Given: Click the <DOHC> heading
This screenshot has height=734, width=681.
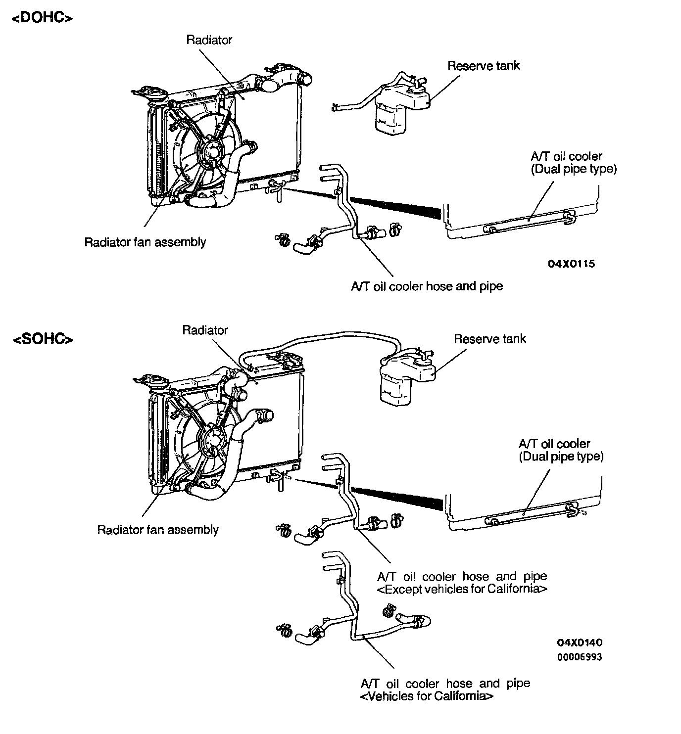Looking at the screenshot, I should pos(42,18).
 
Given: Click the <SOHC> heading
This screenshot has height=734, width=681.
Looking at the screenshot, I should pos(43,339).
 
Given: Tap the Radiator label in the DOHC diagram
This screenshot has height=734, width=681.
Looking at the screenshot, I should pos(209,40).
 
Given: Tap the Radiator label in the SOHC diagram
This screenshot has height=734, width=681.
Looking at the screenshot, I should pos(205,330).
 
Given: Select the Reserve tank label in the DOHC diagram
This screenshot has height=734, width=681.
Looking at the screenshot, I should pos(484,66).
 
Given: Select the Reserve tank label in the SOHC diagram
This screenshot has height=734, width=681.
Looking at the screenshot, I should pos(489,339).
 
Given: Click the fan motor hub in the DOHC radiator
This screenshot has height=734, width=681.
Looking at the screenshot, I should pos(212,150).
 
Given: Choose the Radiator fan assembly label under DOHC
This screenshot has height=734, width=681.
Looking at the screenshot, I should pos(145,242).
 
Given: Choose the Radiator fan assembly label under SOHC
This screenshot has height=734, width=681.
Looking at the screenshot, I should pos(158,530).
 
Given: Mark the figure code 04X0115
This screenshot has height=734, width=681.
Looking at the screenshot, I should pos(571,264).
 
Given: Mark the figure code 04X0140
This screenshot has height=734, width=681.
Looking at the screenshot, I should pos(580,643).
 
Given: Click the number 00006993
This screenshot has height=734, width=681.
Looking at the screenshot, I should pos(580,657).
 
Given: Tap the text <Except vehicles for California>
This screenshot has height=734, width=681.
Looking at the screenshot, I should pos(462,590).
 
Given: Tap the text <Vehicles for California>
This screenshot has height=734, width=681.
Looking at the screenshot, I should pos(427,696).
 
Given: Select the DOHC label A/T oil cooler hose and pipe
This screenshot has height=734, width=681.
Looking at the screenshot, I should pos(427,286).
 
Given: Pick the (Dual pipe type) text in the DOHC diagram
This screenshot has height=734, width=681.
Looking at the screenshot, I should pos(574,169).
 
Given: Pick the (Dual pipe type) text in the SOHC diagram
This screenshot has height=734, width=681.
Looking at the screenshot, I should pos(561,457).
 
